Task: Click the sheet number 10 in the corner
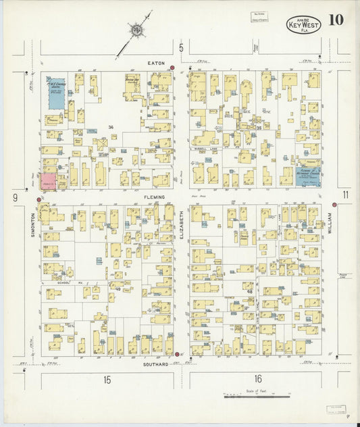coord(336,20)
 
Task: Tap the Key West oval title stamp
coord(303,25)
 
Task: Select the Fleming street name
coord(154,197)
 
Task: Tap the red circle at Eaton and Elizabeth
coord(173,68)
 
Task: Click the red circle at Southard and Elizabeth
coord(178,354)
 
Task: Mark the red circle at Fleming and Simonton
coord(38,199)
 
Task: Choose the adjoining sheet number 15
coord(107,380)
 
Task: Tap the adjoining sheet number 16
coord(258,379)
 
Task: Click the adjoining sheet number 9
coord(14,197)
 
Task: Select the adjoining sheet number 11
coord(345,195)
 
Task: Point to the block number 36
coord(110,127)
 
